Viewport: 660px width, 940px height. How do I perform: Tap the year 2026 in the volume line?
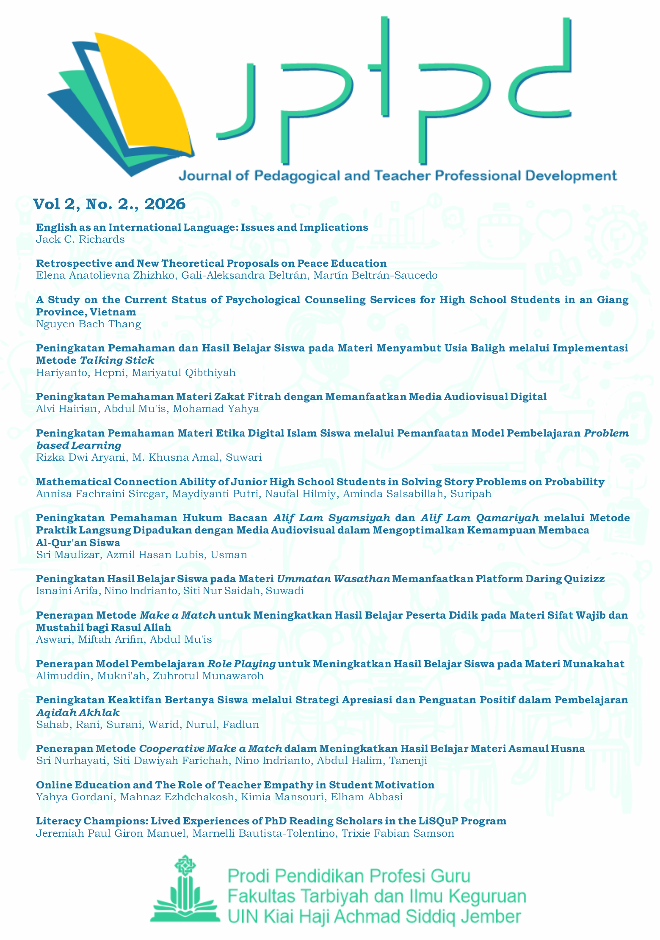click(x=165, y=204)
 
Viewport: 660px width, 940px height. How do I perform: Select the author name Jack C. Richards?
click(x=80, y=239)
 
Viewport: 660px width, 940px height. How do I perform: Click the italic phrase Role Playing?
click(x=241, y=664)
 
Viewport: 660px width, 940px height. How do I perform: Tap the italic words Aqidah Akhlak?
click(x=78, y=712)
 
